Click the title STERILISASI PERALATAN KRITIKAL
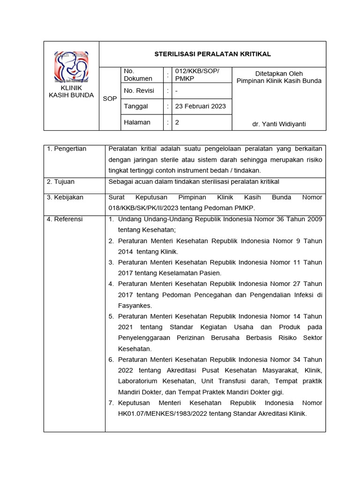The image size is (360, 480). [213, 54]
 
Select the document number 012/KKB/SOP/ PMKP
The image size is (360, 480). [197, 75]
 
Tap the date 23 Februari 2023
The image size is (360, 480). [200, 106]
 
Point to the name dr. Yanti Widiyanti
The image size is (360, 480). [279, 124]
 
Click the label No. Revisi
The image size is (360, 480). [139, 90]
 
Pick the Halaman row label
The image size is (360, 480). [137, 122]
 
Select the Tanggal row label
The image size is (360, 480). [136, 106]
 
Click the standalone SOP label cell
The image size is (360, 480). [110, 99]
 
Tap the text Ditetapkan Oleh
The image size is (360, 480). [279, 74]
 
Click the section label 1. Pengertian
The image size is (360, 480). [67, 149]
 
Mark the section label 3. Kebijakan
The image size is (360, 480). [65, 197]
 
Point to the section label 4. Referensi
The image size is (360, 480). [65, 219]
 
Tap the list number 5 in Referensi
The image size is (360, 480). [111, 316]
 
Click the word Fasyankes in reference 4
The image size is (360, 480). [135, 306]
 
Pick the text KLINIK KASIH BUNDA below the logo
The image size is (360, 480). [71, 91]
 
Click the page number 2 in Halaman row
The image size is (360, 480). [177, 122]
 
